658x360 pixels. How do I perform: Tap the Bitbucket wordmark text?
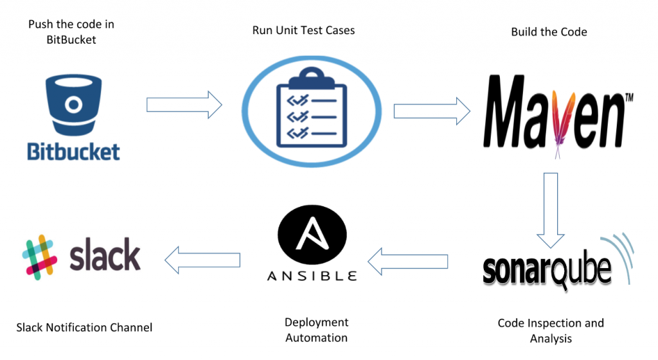click(x=73, y=152)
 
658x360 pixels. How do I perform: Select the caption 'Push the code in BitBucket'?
click(x=71, y=31)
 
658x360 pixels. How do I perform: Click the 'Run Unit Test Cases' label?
click(x=303, y=30)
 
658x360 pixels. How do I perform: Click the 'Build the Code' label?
click(x=549, y=32)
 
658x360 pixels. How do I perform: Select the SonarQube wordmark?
click(x=546, y=270)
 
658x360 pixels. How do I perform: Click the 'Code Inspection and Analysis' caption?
click(x=551, y=330)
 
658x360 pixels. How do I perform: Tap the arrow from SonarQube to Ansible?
click(x=407, y=260)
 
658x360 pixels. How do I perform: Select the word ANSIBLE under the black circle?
click(x=312, y=276)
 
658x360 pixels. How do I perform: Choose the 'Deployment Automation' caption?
click(x=316, y=330)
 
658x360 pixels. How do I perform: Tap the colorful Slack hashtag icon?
click(x=40, y=256)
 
